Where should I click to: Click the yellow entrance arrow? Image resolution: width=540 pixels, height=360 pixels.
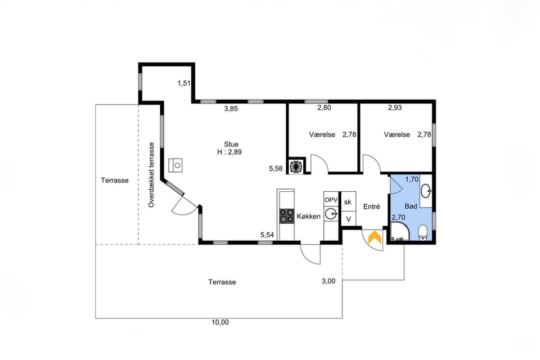375,238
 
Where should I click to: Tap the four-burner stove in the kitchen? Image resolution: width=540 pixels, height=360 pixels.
286,216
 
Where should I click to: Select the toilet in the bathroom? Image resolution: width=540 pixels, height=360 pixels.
422,232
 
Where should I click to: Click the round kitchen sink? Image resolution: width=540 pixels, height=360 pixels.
331,214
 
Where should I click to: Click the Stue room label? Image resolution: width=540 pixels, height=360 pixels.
231,145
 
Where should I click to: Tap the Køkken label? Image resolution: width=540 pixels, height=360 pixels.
309,217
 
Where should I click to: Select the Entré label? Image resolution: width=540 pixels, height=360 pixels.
372,206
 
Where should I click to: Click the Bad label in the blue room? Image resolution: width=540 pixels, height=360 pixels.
411,206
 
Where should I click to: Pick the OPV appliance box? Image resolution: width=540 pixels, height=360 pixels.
331,200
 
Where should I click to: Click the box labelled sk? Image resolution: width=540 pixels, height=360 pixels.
348,202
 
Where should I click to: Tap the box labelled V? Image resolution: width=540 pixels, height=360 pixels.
348,219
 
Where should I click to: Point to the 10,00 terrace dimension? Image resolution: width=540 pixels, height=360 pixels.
220,322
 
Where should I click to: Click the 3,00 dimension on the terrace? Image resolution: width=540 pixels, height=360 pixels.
328,281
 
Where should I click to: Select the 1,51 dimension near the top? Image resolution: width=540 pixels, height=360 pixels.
184,83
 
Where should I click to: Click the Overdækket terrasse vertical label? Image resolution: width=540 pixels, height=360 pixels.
151,175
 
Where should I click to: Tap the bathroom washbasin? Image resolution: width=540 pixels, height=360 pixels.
426,191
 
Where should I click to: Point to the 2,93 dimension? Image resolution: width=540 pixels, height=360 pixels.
395,107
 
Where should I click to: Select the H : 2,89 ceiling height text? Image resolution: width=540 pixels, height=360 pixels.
229,152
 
